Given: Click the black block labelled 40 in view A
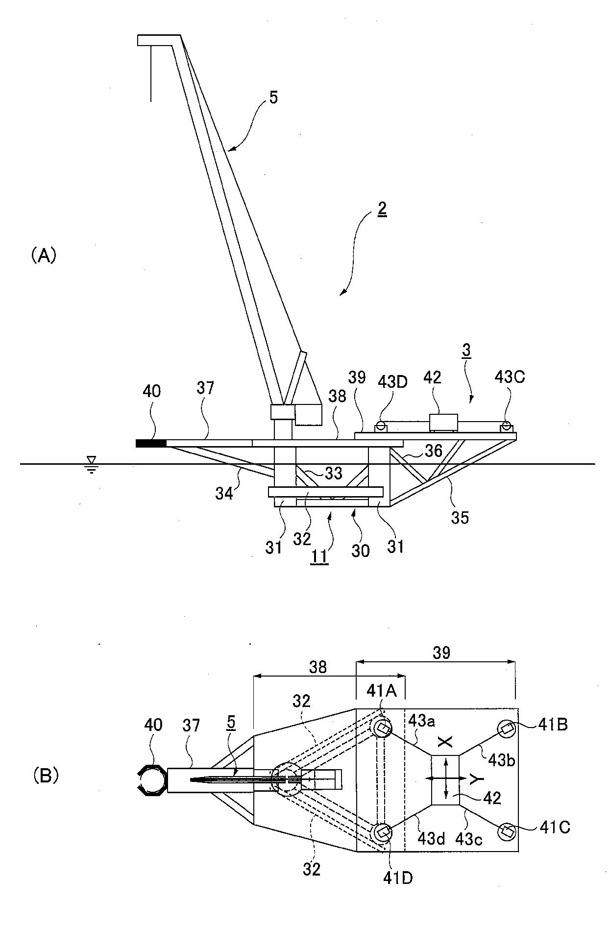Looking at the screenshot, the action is (x=151, y=444).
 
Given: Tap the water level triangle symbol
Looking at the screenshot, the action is (x=91, y=459).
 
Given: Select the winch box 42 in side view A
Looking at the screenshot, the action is (x=443, y=423).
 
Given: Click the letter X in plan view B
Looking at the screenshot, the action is (x=444, y=742).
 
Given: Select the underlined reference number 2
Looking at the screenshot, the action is (x=382, y=210).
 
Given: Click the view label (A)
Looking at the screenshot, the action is (x=44, y=255).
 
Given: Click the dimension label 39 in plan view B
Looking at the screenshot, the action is (x=441, y=653).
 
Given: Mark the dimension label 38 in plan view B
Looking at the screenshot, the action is (x=317, y=667).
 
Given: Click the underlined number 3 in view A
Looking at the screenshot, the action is (x=466, y=351).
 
